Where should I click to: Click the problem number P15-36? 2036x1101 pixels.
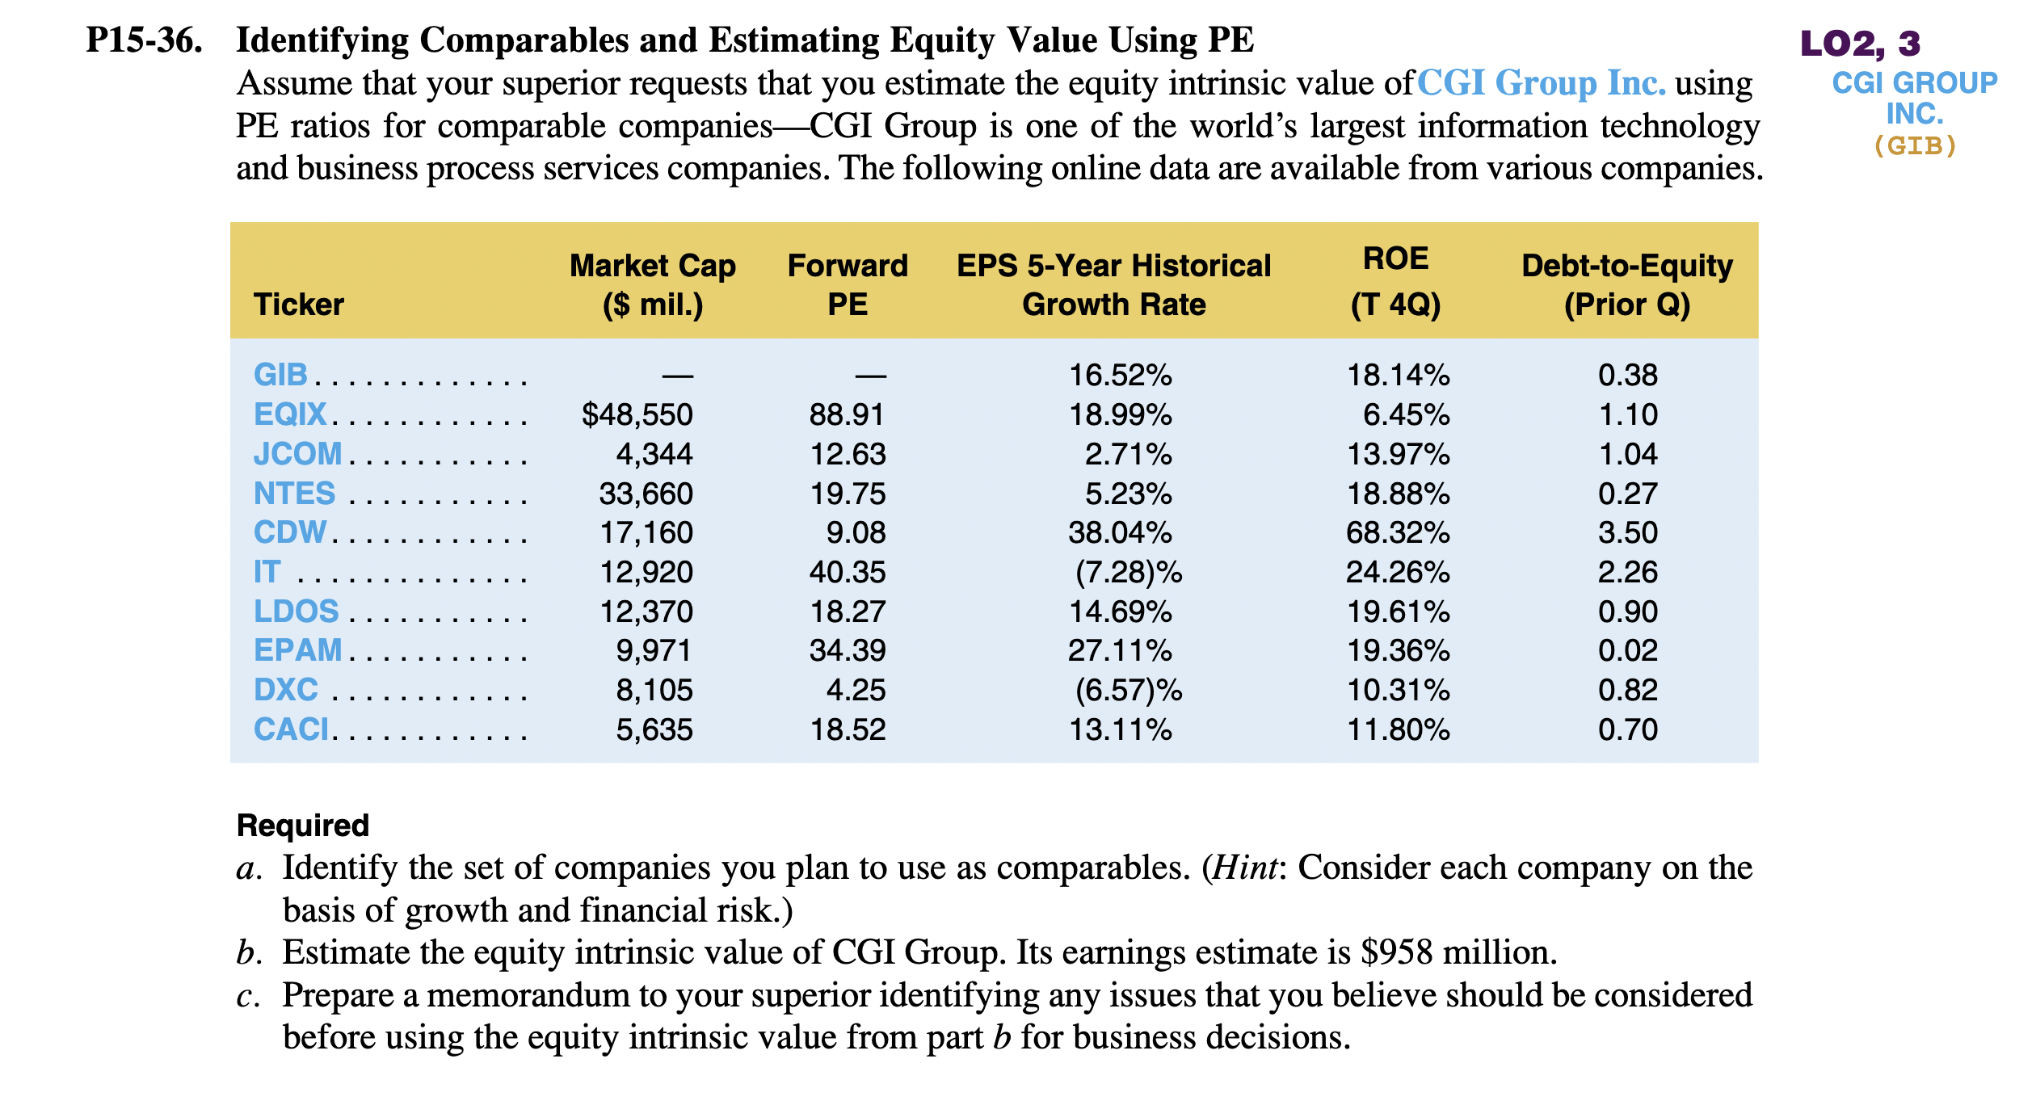click(x=144, y=40)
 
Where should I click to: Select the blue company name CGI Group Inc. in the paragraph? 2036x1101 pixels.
click(x=1542, y=83)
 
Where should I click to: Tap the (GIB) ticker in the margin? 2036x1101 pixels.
click(x=1915, y=145)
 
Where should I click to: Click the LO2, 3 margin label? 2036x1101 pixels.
click(x=1861, y=43)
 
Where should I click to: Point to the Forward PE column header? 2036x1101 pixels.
click(x=848, y=284)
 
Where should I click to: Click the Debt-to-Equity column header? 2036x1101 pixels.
click(x=1626, y=284)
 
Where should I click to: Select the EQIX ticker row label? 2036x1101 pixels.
click(x=290, y=414)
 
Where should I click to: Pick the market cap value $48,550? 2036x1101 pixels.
click(x=637, y=414)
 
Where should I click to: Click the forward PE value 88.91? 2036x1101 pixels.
click(x=847, y=414)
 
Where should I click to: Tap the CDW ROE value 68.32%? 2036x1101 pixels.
click(x=1397, y=532)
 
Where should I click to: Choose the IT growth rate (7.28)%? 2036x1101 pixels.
click(x=1128, y=572)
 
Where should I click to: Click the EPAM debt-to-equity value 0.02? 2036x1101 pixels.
click(x=1627, y=650)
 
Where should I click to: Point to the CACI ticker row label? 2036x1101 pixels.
click(x=291, y=729)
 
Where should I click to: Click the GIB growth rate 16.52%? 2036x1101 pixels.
click(x=1120, y=375)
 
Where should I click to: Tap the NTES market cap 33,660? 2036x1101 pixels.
click(x=646, y=494)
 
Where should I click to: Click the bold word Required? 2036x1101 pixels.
click(x=302, y=826)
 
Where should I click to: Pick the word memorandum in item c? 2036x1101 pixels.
click(x=528, y=995)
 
